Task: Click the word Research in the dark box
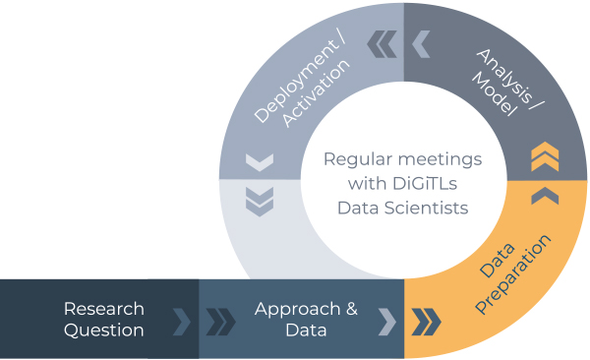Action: [104, 309]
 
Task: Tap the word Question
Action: [104, 330]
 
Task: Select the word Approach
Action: [297, 310]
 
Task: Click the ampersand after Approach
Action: [352, 309]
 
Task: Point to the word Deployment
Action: [300, 81]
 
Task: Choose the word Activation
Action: [316, 92]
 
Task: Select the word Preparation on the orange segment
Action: [513, 273]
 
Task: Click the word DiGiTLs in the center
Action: [425, 183]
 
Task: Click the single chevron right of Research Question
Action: [182, 322]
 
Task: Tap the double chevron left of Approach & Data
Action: [221, 322]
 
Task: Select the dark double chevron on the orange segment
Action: [426, 322]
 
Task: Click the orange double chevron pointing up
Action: [545, 156]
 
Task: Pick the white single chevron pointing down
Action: [260, 162]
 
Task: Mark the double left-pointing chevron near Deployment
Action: [382, 44]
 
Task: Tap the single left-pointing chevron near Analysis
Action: [421, 44]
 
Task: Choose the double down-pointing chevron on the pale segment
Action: [260, 202]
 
